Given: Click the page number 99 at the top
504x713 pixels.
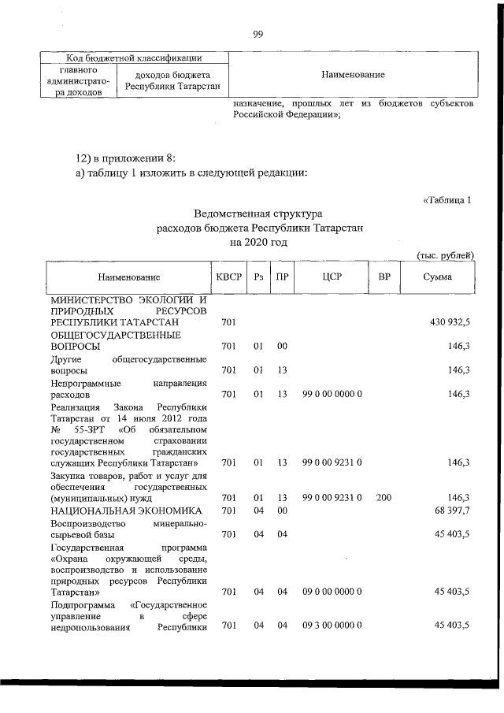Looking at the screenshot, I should [x=257, y=32].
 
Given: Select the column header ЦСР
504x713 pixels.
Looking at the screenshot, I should [x=331, y=277].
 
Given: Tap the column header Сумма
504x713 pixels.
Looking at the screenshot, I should [x=437, y=277].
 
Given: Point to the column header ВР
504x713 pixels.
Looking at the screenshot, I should [x=384, y=277].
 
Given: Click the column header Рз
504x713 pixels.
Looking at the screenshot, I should [x=258, y=277].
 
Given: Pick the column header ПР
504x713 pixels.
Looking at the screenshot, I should [x=281, y=277].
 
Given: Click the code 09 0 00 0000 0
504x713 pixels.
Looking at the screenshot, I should [x=332, y=591].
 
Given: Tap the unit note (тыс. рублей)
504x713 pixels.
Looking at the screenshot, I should [x=444, y=254].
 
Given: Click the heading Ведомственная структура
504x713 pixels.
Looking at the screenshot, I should [x=258, y=214].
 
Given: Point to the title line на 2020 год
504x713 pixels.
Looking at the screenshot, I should [x=258, y=243].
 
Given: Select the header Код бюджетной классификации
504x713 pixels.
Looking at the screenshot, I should [x=124, y=58].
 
